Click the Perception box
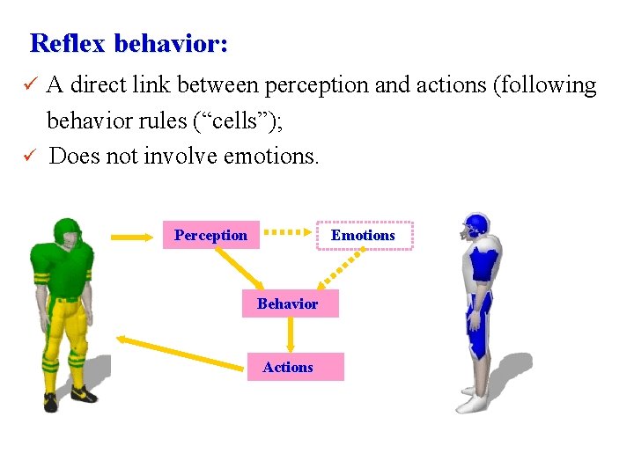pyautogui.click(x=210, y=235)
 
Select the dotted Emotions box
pyautogui.click(x=364, y=235)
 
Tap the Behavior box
pyautogui.click(x=288, y=303)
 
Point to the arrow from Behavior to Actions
pyautogui.click(x=291, y=334)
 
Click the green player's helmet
pyautogui.click(x=67, y=234)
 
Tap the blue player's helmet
pyautogui.click(x=476, y=227)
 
